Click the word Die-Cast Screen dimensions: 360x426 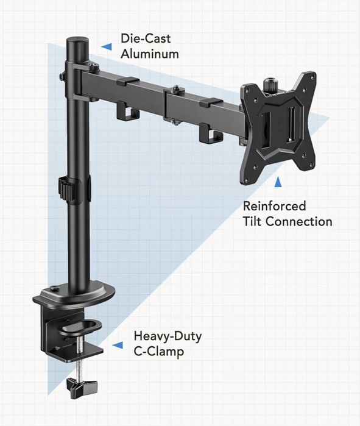tap(146, 38)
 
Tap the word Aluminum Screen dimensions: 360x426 tap(150, 54)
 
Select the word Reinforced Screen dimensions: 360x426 tap(274, 206)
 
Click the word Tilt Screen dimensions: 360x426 tap(252, 221)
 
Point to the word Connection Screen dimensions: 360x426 tap(299, 221)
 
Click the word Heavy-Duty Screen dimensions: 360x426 tap(168, 337)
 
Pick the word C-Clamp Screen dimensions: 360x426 tap(159, 352)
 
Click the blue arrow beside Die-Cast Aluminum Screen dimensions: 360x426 tap(106, 46)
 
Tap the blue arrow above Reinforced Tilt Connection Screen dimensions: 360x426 tap(278, 182)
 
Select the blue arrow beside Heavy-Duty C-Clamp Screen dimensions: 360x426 tap(118, 345)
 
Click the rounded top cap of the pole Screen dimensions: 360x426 tap(78, 42)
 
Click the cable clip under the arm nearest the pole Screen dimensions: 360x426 tap(128, 111)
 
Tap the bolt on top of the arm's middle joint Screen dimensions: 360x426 tap(177, 88)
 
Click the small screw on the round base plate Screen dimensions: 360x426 tap(54, 288)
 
